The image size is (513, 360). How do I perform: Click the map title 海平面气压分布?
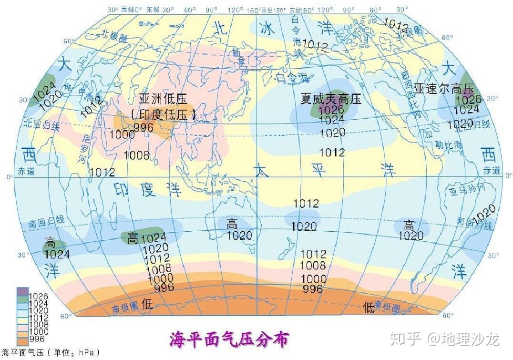click(x=229, y=339)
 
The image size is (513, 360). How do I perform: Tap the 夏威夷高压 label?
click(x=331, y=99)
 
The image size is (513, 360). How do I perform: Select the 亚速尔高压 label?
click(x=444, y=89)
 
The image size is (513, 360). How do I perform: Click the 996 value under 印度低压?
click(x=143, y=127)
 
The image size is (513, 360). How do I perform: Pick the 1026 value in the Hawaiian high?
click(x=331, y=110)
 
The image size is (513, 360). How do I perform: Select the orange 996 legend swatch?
click(x=22, y=339)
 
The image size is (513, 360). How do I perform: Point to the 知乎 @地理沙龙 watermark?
click(x=444, y=339)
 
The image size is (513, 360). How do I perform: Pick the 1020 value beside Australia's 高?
click(x=239, y=235)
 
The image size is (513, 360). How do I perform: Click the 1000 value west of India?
click(x=122, y=134)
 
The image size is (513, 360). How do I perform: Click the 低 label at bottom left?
click(x=147, y=304)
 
